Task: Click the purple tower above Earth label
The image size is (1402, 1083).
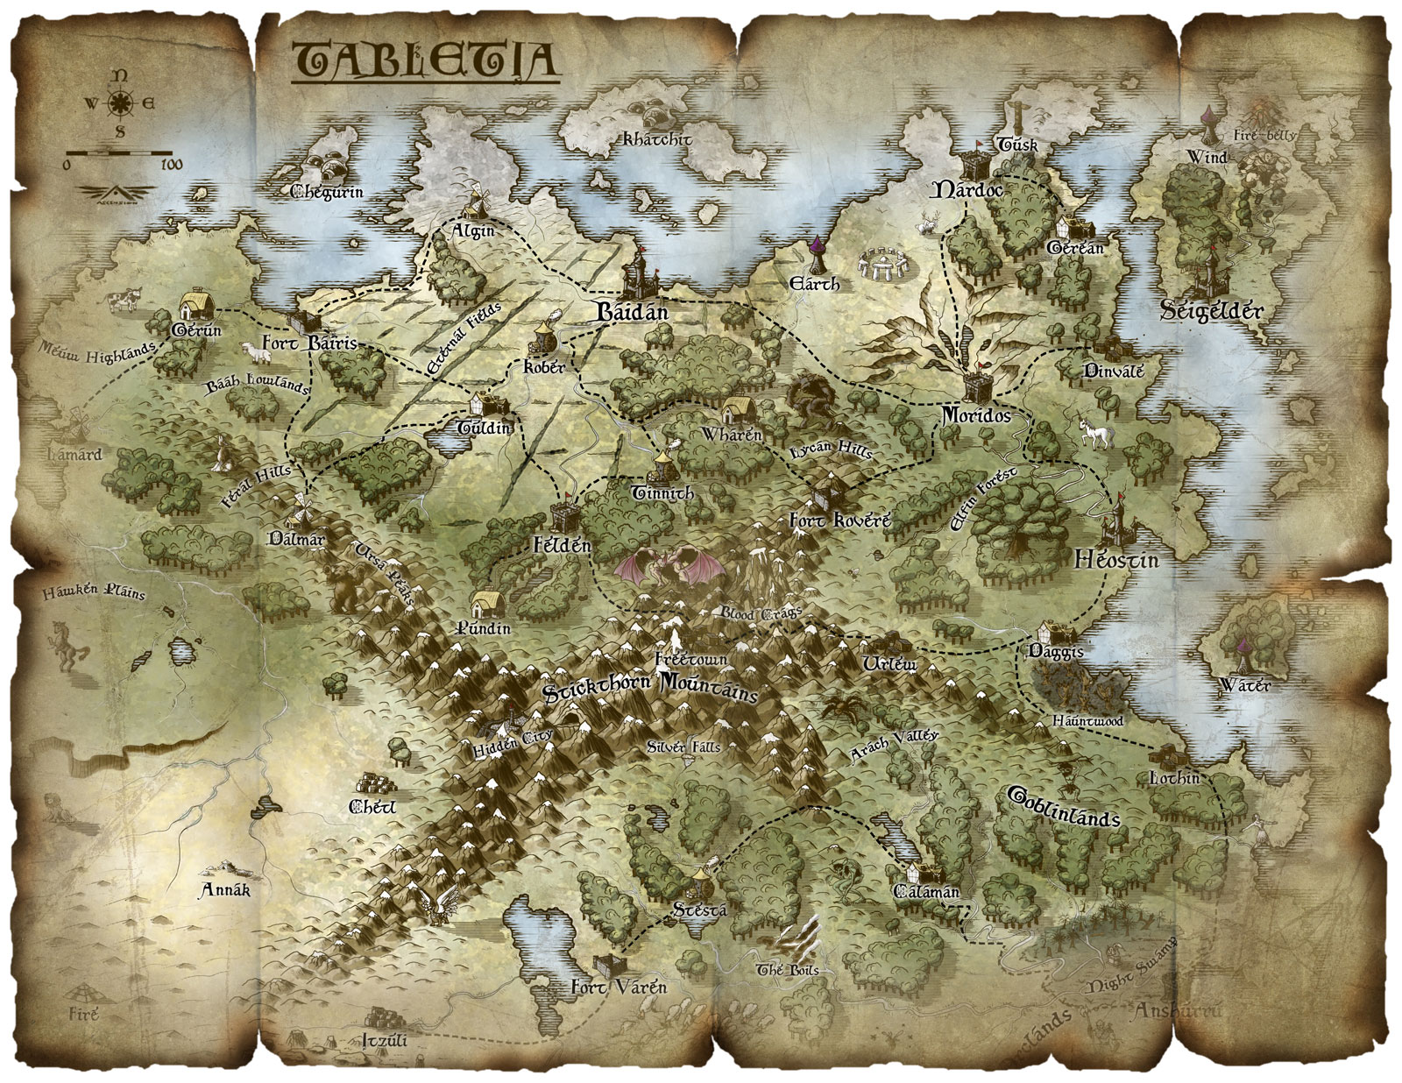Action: [x=817, y=254]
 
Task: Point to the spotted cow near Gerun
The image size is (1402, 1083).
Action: [x=120, y=301]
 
